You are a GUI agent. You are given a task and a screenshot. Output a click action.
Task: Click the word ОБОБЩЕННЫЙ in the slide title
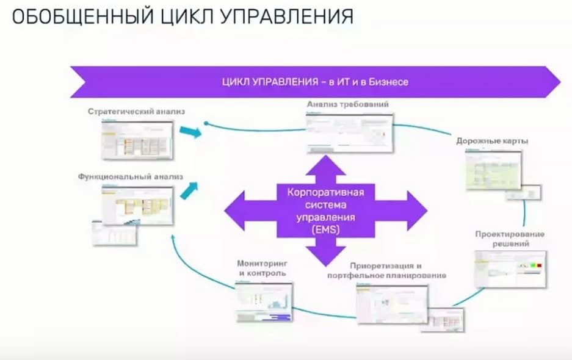(67, 16)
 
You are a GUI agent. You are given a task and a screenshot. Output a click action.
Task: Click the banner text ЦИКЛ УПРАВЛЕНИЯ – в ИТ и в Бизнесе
(314, 82)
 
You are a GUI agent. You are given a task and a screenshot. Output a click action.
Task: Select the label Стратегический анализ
(136, 112)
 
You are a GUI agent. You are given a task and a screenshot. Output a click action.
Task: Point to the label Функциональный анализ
(131, 176)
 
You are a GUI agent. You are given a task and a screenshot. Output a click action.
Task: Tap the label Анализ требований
(348, 104)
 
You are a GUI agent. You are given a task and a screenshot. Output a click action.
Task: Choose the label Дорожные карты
(492, 141)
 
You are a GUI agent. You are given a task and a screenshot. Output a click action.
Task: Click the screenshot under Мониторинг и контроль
(265, 301)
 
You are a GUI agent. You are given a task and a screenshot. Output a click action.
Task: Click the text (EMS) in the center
(325, 229)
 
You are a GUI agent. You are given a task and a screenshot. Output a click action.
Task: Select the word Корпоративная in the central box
(325, 193)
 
